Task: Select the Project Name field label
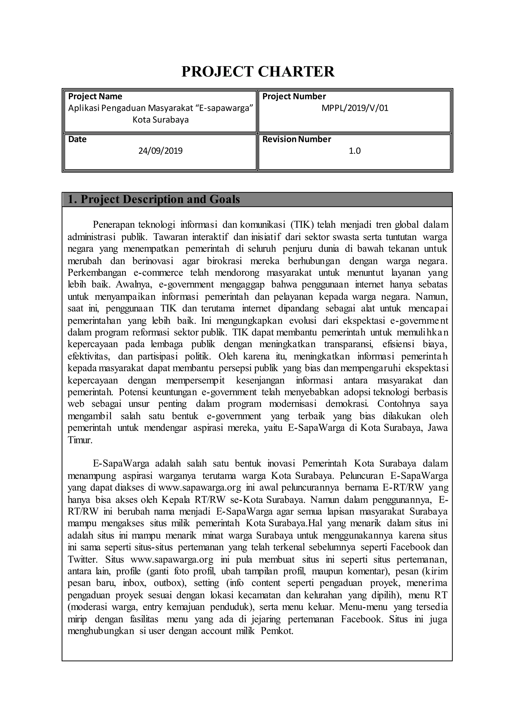95,96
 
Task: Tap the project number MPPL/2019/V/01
355,108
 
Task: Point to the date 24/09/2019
160,151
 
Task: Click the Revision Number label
296,139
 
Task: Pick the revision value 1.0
355,151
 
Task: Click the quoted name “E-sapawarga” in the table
225,108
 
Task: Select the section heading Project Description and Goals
154,199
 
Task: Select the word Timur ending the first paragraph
80,440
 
